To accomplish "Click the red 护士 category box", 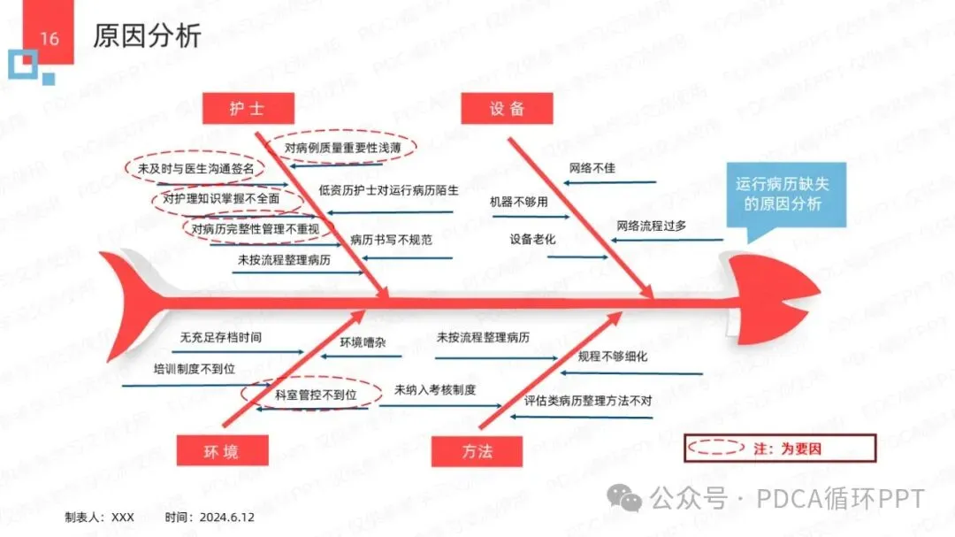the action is click(247, 109).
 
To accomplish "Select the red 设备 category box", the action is click(507, 109).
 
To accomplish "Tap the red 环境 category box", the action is click(220, 451).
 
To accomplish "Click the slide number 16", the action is click(50, 38).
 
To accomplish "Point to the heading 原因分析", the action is click(147, 36).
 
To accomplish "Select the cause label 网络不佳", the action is click(592, 168).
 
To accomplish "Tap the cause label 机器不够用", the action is click(519, 202).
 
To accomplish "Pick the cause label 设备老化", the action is click(532, 239).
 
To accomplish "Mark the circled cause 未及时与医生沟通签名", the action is click(195, 168).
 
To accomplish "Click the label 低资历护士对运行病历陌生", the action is click(389, 190).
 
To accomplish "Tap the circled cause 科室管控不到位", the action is click(315, 395).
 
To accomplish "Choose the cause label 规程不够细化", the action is click(613, 357).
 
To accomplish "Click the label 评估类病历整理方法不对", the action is click(588, 401).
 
